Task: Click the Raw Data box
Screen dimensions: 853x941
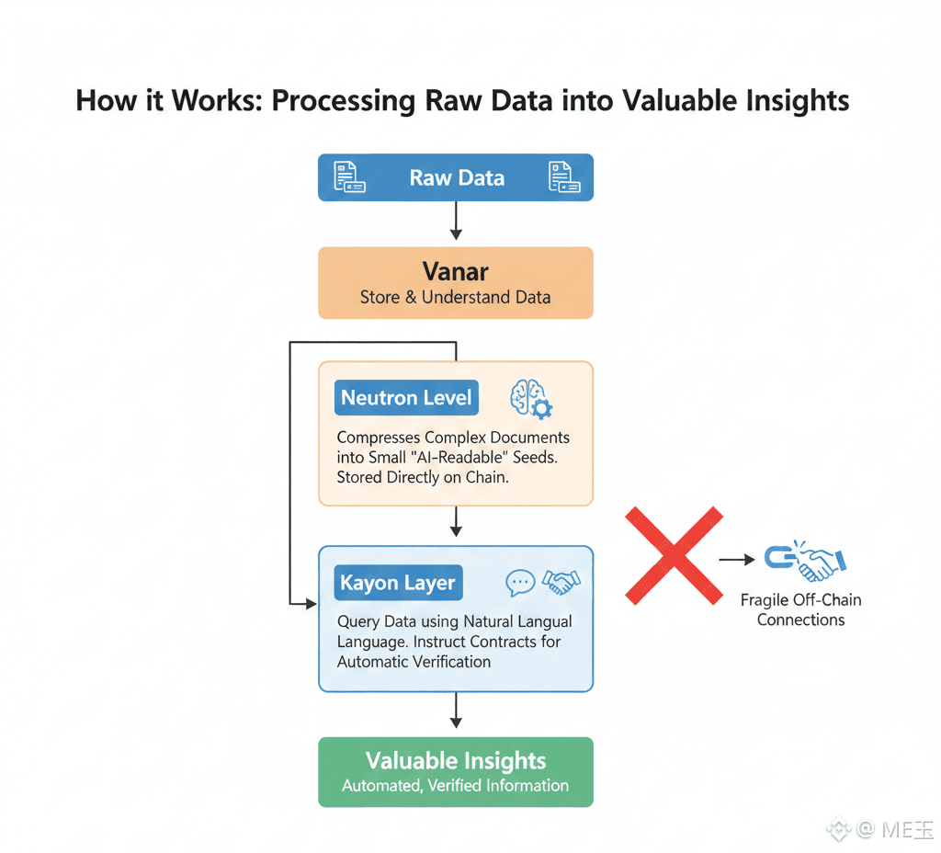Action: (456, 177)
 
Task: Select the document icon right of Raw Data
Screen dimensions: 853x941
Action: (563, 176)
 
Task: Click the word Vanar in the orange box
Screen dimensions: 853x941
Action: (456, 271)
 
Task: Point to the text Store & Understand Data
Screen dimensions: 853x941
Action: (456, 297)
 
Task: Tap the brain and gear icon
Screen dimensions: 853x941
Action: (530, 401)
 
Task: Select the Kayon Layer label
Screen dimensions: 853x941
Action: (397, 583)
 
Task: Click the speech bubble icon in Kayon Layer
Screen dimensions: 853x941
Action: (520, 582)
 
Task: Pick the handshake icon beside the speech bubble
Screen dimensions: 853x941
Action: (561, 582)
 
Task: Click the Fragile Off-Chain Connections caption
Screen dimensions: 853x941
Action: (800, 610)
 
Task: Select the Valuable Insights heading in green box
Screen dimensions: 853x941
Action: (456, 761)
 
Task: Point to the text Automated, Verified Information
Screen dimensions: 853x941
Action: (456, 786)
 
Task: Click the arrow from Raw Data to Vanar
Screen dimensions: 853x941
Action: (456, 223)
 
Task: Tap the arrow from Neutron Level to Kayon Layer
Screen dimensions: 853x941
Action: (456, 525)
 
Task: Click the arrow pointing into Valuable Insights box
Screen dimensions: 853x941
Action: (456, 714)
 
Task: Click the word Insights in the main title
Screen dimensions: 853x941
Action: (793, 100)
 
